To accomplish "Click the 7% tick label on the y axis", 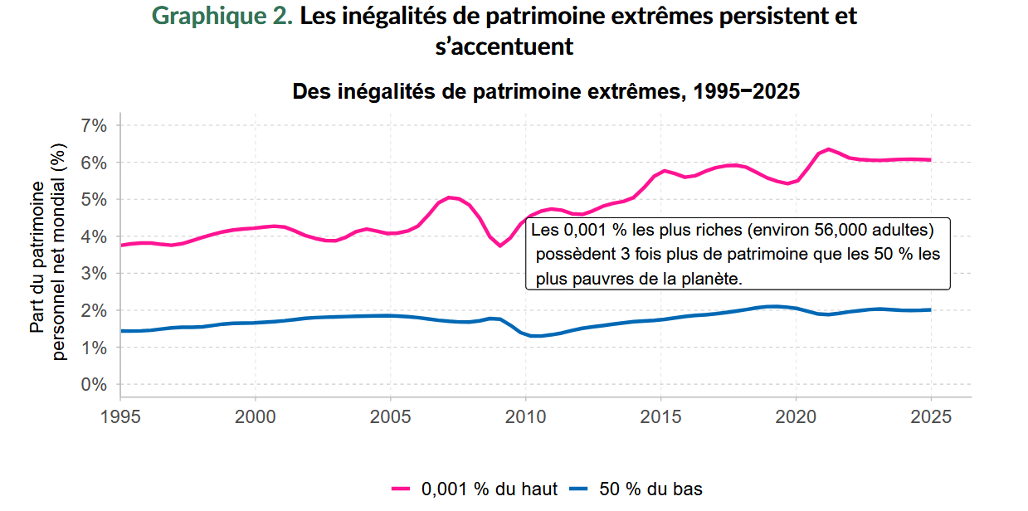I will [94, 126].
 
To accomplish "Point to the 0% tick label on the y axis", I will [94, 385].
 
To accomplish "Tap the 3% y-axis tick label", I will [94, 274].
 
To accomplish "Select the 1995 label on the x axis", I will [120, 415].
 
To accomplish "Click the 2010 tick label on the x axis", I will [525, 415].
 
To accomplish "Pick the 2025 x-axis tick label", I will [930, 415].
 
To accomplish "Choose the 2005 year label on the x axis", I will [390, 415].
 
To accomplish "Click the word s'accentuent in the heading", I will [504, 46].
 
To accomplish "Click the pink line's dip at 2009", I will [500, 246].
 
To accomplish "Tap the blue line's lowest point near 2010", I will [533, 336].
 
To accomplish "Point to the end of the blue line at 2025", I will [930, 309].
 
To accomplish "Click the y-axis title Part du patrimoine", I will [37, 257].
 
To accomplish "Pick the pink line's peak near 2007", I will [449, 197].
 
